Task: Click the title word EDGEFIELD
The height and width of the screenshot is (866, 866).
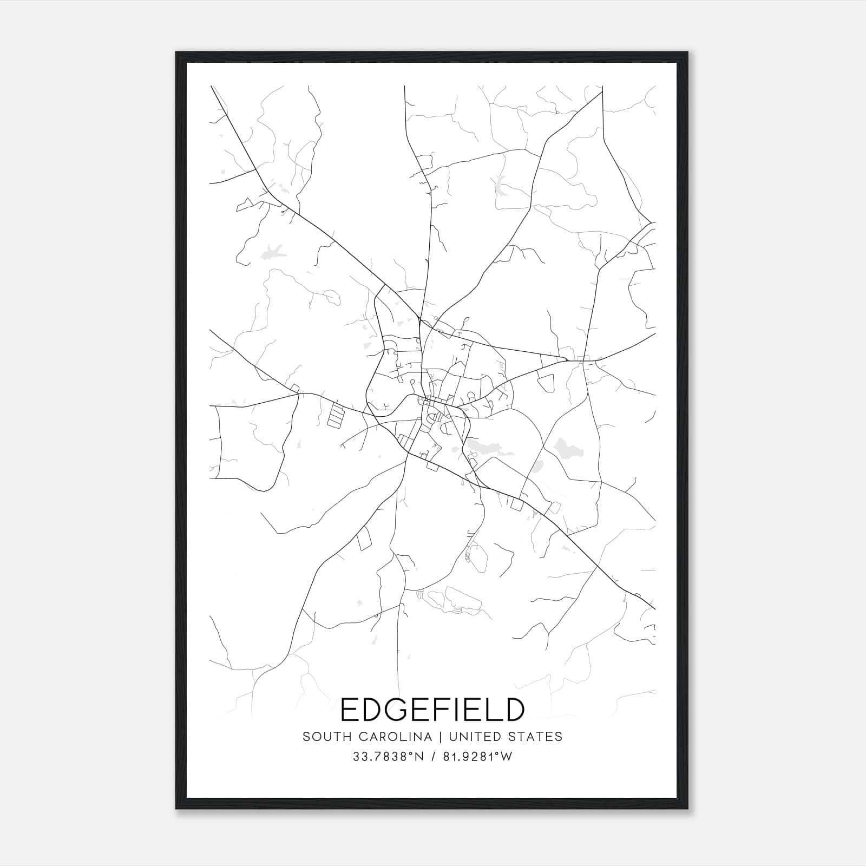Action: coord(432,710)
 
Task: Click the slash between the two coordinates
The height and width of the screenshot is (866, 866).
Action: coord(432,757)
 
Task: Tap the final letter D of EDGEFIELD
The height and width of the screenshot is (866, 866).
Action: coord(514,710)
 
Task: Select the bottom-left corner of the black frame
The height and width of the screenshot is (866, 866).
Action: coord(176,809)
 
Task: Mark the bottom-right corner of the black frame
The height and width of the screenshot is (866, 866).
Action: coord(687,809)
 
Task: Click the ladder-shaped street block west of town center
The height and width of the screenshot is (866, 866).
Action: coord(336,416)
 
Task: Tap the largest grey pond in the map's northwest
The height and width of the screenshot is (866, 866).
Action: coord(273,252)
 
